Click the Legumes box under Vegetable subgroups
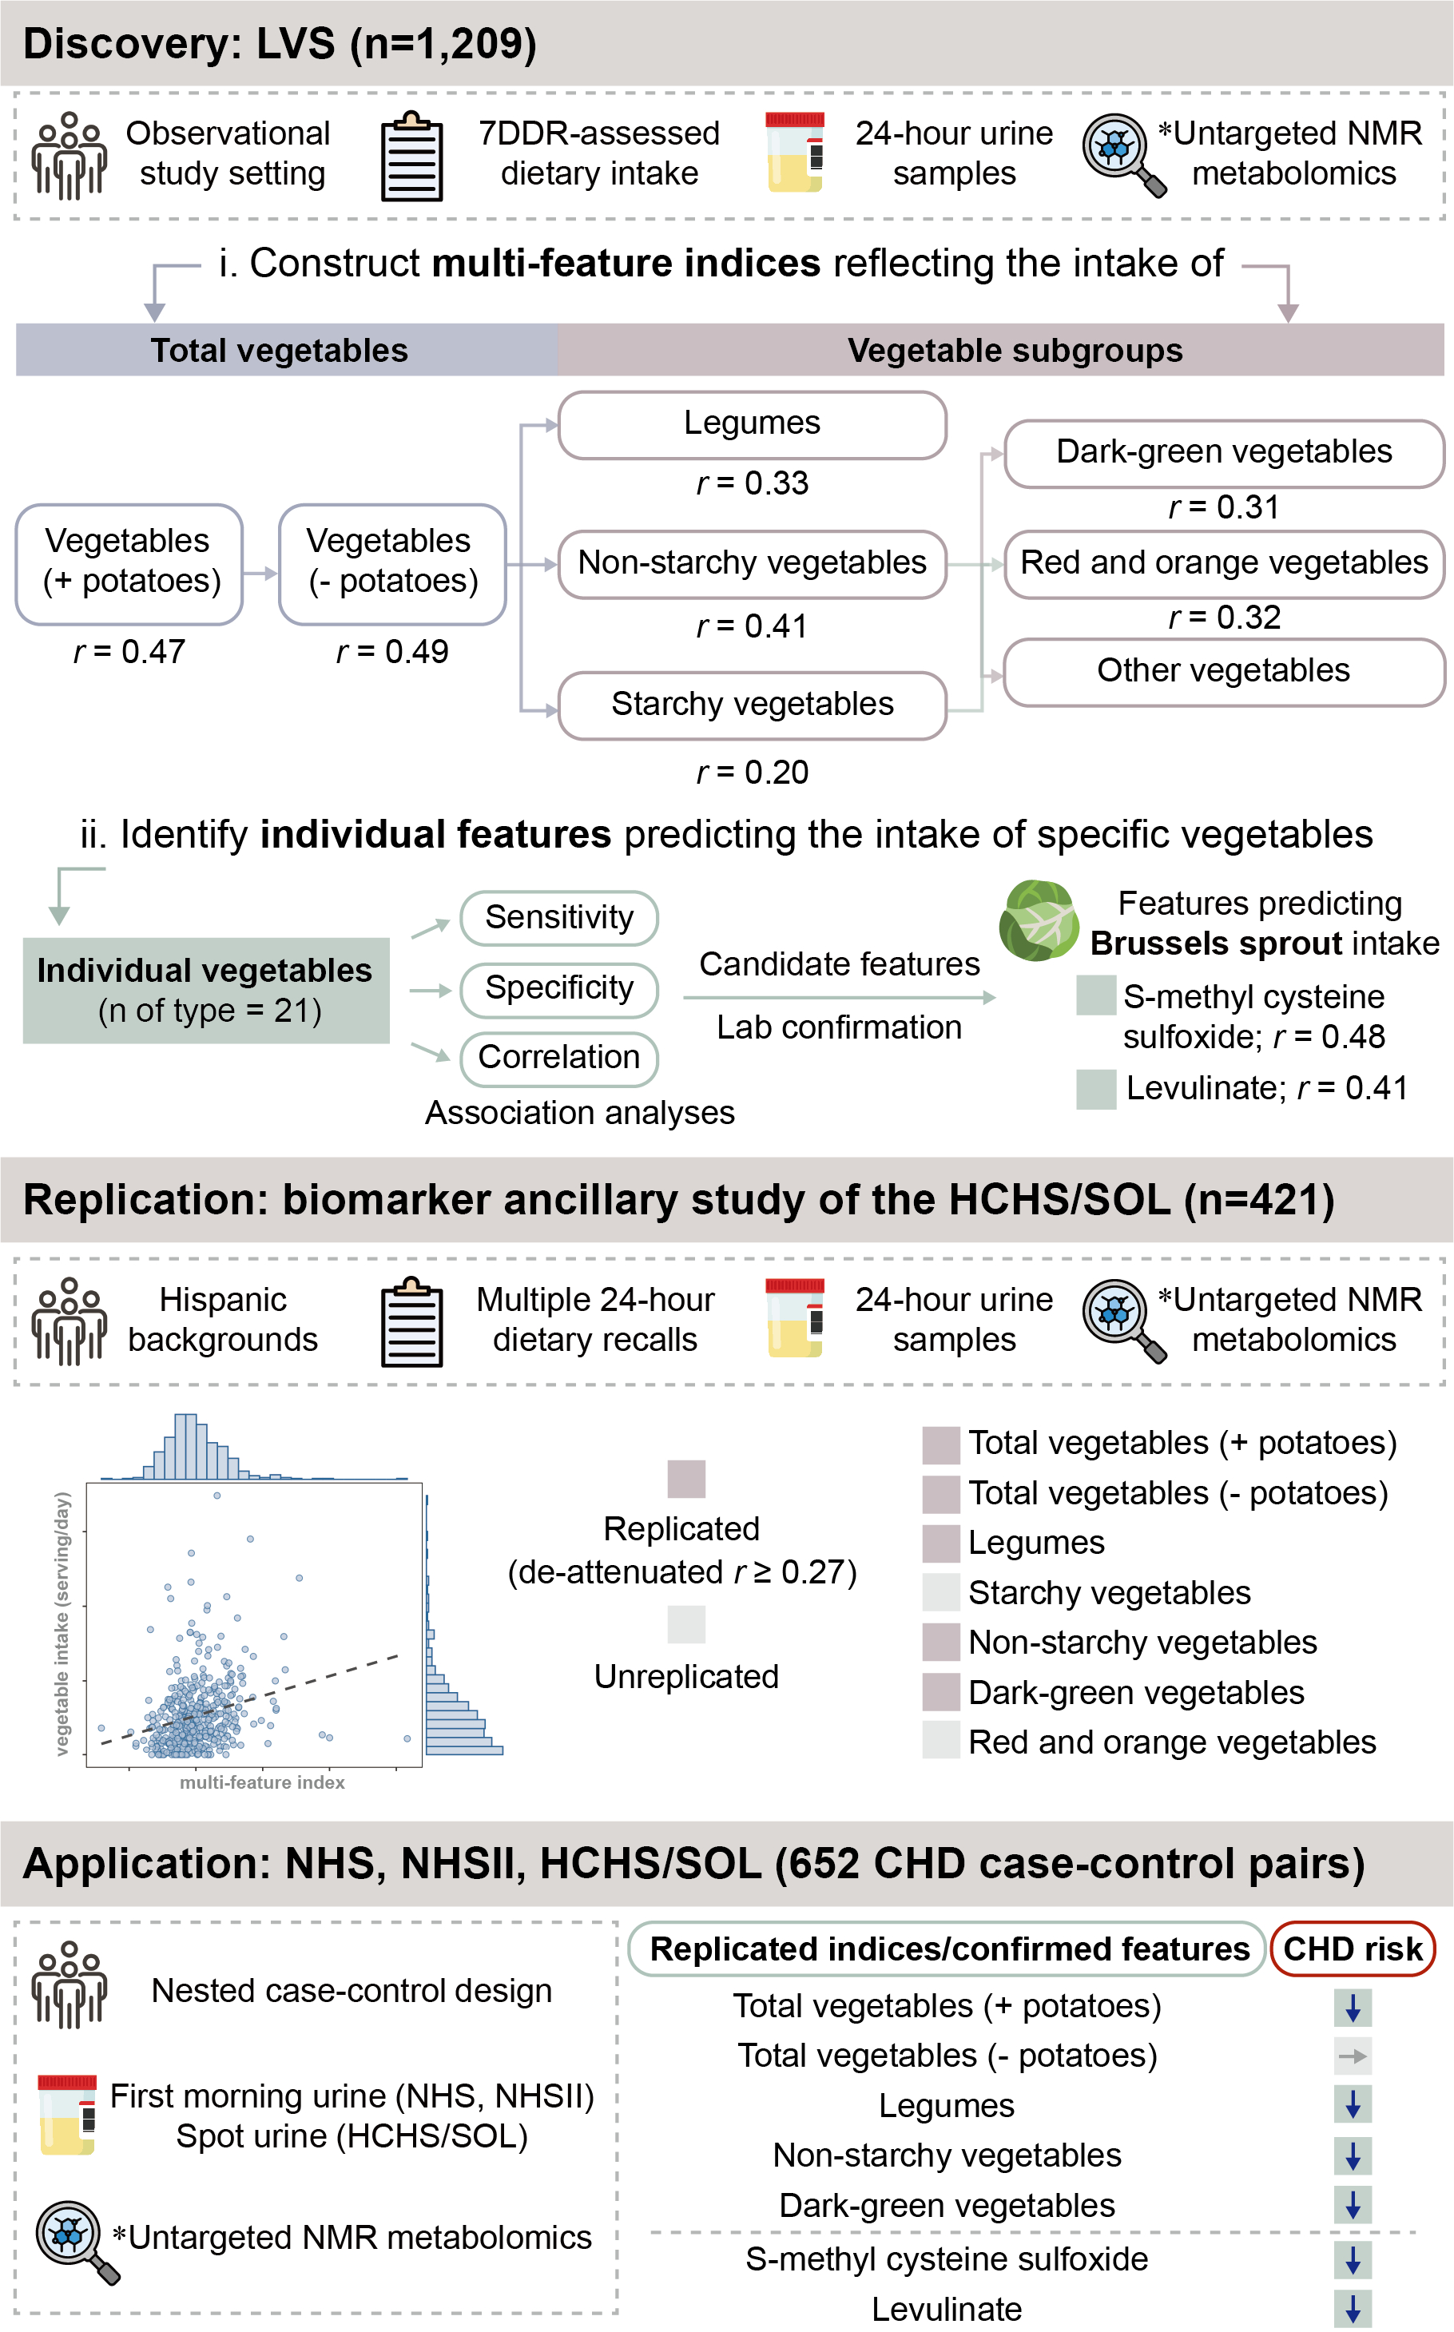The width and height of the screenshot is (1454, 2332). [752, 424]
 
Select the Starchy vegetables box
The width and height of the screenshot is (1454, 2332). [752, 705]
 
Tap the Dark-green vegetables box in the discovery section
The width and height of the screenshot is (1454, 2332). [1223, 452]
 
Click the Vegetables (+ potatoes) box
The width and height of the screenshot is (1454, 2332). [129, 563]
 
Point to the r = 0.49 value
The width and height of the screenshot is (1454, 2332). [392, 652]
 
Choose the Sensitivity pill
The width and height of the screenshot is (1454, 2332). [558, 917]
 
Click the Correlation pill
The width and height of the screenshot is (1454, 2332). [558, 1058]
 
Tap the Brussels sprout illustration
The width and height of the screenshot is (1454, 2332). [1038, 920]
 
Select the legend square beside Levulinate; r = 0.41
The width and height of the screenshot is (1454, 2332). [1095, 1089]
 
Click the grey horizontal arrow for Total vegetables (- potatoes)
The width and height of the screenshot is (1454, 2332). [1352, 2056]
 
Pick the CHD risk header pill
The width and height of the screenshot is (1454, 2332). [1352, 1949]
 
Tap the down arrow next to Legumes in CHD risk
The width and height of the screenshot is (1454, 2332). [1352, 2105]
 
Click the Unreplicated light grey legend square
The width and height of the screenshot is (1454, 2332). [685, 1624]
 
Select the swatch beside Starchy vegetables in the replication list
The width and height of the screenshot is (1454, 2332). [940, 1591]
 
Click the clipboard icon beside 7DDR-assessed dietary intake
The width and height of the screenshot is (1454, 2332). [411, 157]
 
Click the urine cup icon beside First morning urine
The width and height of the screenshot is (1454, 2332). [67, 2115]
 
